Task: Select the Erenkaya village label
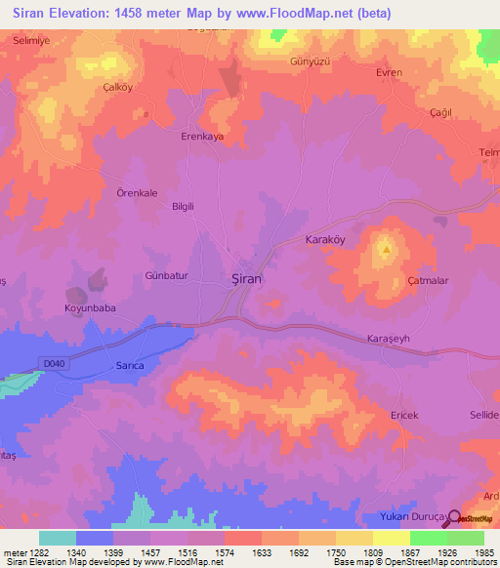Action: coord(202,137)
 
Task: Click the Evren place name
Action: coord(390,73)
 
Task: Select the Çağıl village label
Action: coord(444,112)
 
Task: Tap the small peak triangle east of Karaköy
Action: coord(388,248)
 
